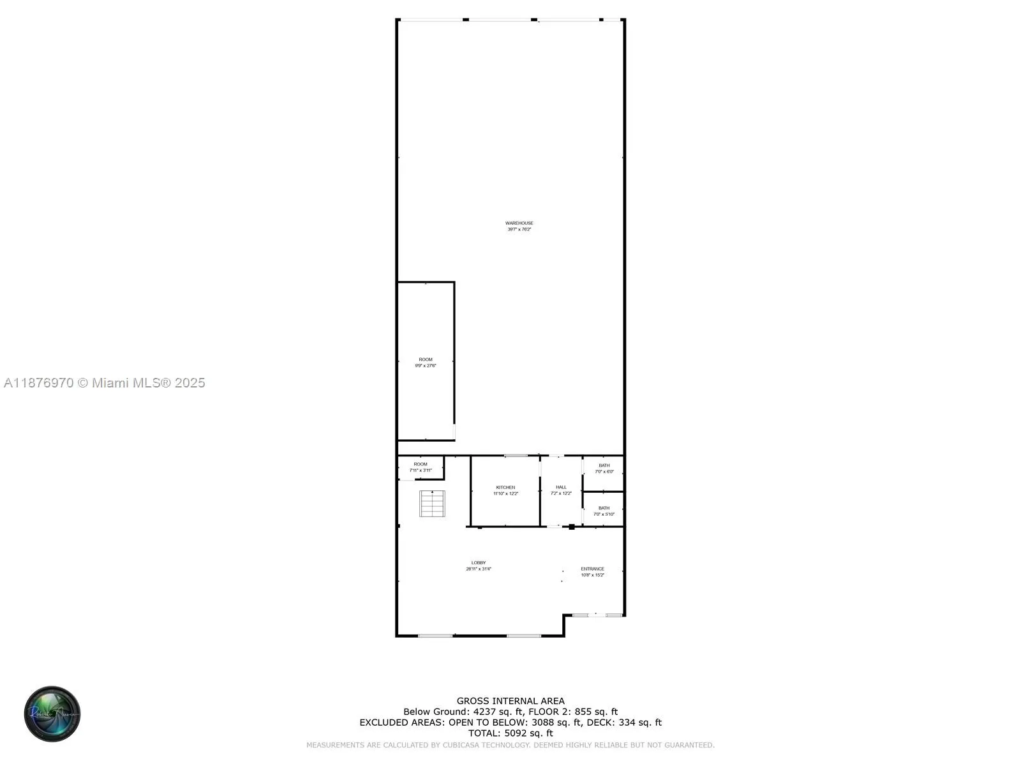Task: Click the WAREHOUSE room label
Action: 519,223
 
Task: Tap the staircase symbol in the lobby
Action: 432,504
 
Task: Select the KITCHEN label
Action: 505,488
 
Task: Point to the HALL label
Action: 561,487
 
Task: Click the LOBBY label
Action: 479,563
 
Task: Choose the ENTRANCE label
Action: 592,569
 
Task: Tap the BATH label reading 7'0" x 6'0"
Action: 604,465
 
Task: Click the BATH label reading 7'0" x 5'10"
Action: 604,508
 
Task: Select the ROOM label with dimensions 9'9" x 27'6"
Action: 426,360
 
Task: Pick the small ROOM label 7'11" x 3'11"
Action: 421,464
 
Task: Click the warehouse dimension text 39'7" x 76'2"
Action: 519,229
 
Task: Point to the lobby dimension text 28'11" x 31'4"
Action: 479,569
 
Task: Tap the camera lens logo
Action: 52,714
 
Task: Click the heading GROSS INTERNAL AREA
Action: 511,701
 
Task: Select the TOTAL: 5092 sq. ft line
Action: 511,733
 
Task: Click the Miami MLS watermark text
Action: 105,383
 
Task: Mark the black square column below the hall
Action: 572,527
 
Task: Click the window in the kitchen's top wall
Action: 516,456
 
